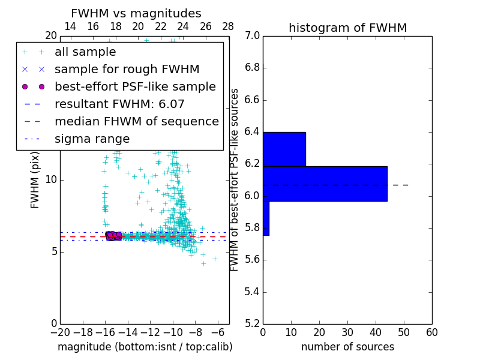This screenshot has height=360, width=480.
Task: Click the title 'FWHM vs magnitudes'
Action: pos(136,13)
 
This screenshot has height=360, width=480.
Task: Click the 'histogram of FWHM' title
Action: pos(347,28)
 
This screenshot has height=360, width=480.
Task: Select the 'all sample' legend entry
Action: pos(85,52)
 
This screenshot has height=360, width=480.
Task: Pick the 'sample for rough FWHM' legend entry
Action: pos(127,70)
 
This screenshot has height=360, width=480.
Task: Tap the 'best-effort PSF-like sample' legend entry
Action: pos(135,87)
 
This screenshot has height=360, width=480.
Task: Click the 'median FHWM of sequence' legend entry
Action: pos(136,122)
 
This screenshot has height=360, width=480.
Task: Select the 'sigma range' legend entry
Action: pos(92,139)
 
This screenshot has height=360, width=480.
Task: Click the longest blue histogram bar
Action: pos(325,184)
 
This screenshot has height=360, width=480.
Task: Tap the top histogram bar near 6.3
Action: pos(284,149)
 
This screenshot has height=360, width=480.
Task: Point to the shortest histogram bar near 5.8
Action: pos(266,218)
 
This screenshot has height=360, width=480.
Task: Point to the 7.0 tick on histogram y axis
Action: pos(252,36)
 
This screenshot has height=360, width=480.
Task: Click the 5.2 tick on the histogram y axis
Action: pos(252,323)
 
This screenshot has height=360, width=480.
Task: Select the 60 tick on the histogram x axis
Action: pos(431,332)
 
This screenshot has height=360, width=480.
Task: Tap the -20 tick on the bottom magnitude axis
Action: pos(60,332)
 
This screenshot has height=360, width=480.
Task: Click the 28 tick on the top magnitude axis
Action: pos(228,26)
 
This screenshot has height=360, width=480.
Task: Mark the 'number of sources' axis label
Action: pos(347,347)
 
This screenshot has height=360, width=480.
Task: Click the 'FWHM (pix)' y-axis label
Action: pos(35,180)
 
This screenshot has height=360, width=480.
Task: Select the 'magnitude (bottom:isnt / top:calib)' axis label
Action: pos(145,347)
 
